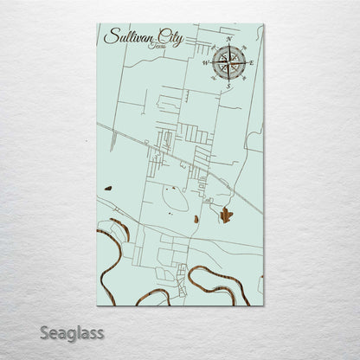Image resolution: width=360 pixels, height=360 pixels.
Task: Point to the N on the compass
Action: coord(228,40)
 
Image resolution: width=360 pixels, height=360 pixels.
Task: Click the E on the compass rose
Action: coord(252,62)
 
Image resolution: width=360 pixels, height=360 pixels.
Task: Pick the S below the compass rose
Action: coord(228,86)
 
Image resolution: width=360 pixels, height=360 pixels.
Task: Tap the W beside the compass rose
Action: coord(205,63)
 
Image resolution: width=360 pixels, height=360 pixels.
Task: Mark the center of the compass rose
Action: coord(228,62)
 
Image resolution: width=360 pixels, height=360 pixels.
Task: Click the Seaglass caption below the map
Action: coord(72,332)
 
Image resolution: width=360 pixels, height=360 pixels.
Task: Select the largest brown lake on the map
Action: coord(226,215)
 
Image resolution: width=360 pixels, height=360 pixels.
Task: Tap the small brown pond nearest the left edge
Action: coord(107,187)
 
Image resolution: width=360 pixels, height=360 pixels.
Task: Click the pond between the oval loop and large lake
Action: coord(196,219)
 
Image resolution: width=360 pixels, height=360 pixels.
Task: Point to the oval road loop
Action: coord(172,203)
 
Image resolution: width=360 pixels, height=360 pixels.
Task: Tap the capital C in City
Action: coord(161,36)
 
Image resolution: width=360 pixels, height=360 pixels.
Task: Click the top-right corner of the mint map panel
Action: coord(263,24)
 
